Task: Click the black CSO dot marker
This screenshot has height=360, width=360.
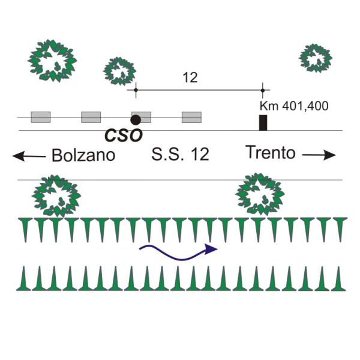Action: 136,119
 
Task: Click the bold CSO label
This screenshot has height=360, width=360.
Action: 123,136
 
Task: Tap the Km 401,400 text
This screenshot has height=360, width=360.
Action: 294,106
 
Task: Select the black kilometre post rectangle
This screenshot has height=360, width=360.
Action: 263,122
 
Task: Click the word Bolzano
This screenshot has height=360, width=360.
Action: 83,155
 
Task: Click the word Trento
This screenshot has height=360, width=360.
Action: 270,152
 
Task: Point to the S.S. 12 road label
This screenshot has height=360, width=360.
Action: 180,154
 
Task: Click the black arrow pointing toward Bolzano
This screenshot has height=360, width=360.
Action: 29,157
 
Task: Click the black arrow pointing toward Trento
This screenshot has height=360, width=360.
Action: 319,155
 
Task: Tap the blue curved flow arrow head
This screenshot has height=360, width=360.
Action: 211,249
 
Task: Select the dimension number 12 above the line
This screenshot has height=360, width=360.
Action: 190,77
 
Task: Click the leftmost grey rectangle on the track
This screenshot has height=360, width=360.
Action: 41,117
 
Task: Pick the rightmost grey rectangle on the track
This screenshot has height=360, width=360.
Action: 192,117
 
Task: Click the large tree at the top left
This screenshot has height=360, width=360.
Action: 52,61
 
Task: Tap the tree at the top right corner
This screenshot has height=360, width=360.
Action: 316,58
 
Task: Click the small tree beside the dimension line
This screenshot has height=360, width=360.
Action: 119,71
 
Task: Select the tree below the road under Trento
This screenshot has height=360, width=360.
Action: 260,194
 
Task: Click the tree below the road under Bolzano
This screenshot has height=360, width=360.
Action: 56,196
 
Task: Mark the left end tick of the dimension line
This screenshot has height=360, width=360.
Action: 136,90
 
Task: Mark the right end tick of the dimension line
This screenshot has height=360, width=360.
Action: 263,90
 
